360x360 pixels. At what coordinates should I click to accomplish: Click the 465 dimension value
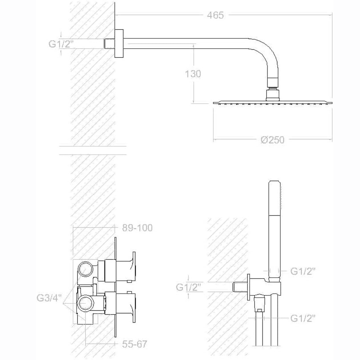215,15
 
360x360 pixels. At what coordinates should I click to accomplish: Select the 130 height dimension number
193,74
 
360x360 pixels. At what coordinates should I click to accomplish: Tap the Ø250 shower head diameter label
273,140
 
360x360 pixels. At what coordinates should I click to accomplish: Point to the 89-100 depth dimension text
137,228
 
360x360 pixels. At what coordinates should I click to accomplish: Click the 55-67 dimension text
134,344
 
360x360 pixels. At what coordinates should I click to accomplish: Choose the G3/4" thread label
49,298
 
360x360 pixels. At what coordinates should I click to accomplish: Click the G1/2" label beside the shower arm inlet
61,44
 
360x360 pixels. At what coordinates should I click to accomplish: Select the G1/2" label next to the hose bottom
303,318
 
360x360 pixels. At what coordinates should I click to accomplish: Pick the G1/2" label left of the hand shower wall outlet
188,287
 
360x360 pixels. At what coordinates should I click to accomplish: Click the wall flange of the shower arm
119,43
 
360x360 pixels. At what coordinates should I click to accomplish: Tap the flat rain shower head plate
273,103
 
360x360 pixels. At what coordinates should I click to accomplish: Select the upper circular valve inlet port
86,269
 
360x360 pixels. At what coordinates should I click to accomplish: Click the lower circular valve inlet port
86,303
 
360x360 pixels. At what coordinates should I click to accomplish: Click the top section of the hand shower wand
274,198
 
